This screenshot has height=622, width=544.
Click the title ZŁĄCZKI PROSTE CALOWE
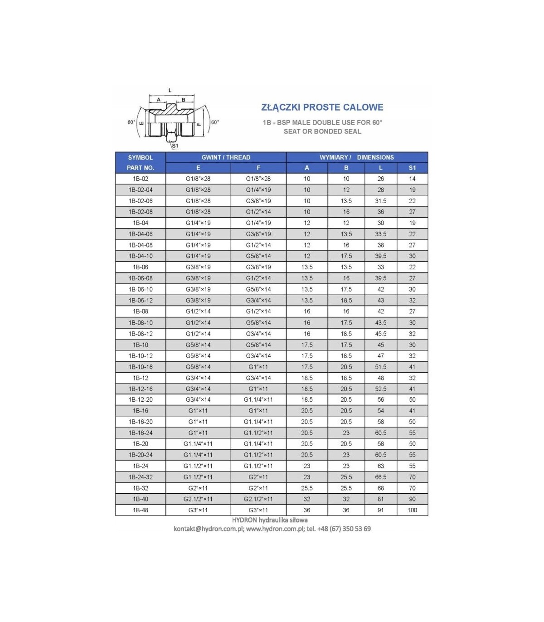(322, 107)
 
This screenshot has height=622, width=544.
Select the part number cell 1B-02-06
(141, 201)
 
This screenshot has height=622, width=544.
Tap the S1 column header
(412, 168)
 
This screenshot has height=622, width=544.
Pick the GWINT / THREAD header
(226, 157)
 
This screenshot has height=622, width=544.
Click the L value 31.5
(380, 201)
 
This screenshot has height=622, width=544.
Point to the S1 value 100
(412, 510)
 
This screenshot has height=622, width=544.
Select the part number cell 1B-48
(141, 510)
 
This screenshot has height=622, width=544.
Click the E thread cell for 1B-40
(198, 499)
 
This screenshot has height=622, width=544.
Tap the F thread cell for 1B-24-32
(258, 477)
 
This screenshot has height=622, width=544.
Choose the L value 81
(380, 499)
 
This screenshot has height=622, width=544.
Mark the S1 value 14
(412, 179)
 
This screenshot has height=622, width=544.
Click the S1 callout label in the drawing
(175, 146)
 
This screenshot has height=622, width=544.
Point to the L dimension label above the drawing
(170, 91)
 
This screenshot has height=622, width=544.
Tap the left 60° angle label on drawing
(131, 122)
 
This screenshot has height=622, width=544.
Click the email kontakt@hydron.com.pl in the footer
(209, 529)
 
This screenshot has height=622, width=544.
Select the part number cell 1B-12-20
(141, 399)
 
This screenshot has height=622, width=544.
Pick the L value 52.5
(380, 389)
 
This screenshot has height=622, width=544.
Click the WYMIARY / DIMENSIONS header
(356, 157)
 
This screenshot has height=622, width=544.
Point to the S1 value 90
(412, 499)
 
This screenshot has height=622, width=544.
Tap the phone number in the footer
(344, 529)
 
